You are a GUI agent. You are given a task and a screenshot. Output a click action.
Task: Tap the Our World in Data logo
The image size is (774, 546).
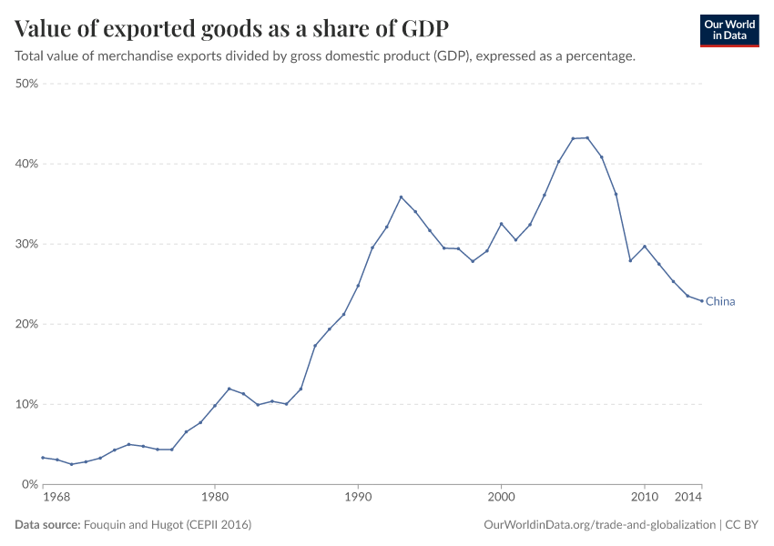click(728, 30)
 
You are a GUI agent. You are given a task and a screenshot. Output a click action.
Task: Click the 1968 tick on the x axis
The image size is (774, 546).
click(56, 499)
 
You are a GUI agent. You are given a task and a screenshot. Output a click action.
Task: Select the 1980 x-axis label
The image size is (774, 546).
click(214, 499)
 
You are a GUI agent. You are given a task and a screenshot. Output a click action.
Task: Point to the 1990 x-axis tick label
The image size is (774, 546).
click(358, 499)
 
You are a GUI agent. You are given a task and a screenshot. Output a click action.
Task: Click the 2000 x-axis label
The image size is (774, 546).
click(501, 499)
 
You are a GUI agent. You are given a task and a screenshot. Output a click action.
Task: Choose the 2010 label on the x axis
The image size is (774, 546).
click(645, 499)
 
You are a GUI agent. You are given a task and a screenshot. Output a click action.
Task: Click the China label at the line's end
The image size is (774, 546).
click(720, 301)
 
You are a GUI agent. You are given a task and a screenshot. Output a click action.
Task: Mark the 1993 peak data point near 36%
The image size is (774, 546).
click(401, 197)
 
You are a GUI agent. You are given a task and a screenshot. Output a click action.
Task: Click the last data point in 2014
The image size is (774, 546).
click(702, 301)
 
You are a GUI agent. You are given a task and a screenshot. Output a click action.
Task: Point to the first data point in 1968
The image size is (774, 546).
click(43, 458)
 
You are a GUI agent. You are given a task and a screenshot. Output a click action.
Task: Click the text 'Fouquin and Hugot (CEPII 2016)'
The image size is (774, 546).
click(167, 525)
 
